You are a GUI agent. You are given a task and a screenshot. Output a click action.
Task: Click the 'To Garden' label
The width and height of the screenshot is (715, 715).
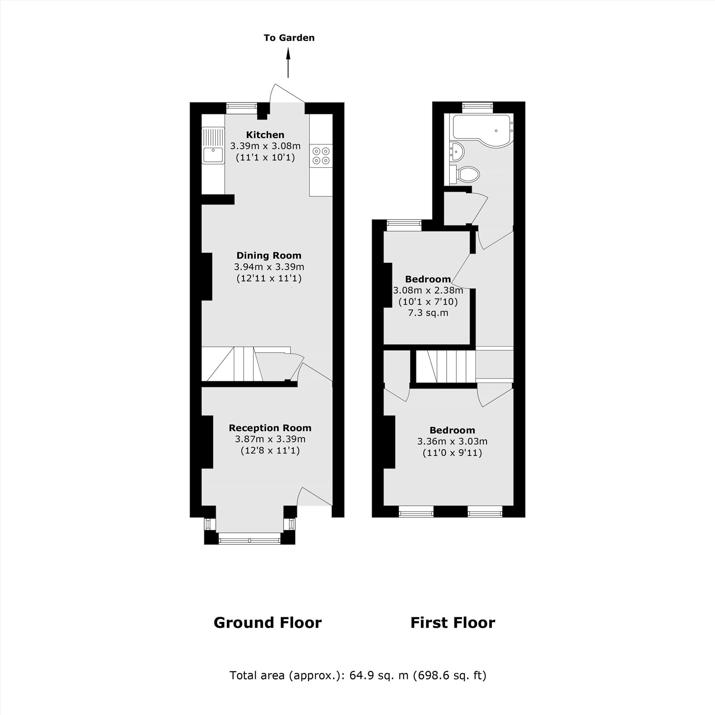tap(289, 38)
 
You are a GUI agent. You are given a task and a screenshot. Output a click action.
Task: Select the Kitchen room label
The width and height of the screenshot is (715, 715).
tap(265, 135)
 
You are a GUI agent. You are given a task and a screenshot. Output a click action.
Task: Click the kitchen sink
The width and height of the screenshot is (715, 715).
tap(213, 145)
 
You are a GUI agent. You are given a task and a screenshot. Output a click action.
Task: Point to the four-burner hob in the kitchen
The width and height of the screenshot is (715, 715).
tap(321, 156)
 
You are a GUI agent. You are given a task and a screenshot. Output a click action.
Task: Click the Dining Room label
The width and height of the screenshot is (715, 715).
tap(269, 255)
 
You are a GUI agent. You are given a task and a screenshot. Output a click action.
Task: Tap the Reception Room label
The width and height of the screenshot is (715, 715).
tap(270, 428)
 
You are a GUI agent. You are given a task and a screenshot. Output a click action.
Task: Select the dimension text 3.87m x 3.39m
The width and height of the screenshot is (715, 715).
tap(270, 439)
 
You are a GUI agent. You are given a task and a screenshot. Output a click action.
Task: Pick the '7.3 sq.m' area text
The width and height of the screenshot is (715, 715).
tap(428, 313)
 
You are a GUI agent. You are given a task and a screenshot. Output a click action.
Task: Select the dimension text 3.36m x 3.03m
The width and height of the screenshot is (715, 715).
tap(452, 442)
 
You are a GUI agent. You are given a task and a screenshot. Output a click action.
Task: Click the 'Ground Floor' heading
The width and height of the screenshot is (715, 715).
tap(267, 623)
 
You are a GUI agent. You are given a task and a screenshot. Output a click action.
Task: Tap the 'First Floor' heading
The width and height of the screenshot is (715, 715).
tap(453, 623)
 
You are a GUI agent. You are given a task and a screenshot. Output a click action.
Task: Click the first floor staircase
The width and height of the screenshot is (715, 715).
tap(446, 366)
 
